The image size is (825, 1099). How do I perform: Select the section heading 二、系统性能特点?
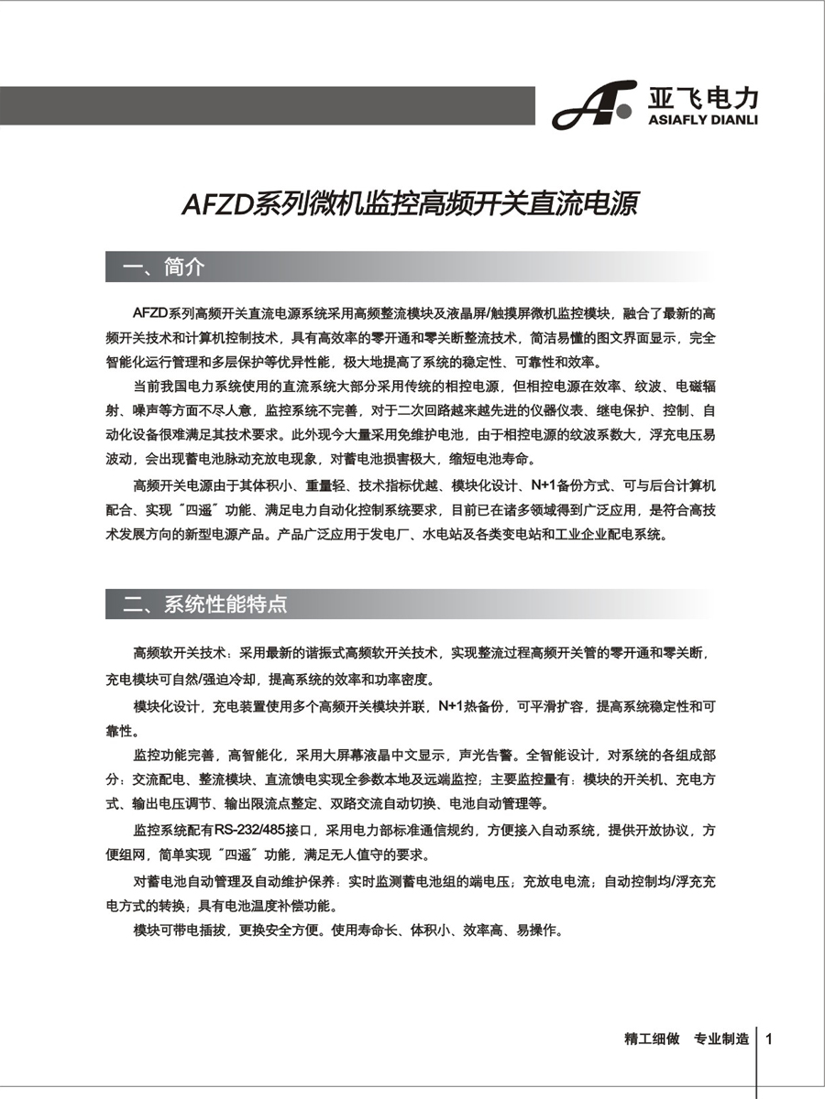pos(205,604)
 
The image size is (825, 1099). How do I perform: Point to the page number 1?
pos(770,1039)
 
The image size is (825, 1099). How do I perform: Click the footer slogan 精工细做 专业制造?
pos(686,1039)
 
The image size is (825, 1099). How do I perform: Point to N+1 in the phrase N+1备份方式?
pos(542,484)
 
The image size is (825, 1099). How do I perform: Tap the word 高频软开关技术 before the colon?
pos(181,654)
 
